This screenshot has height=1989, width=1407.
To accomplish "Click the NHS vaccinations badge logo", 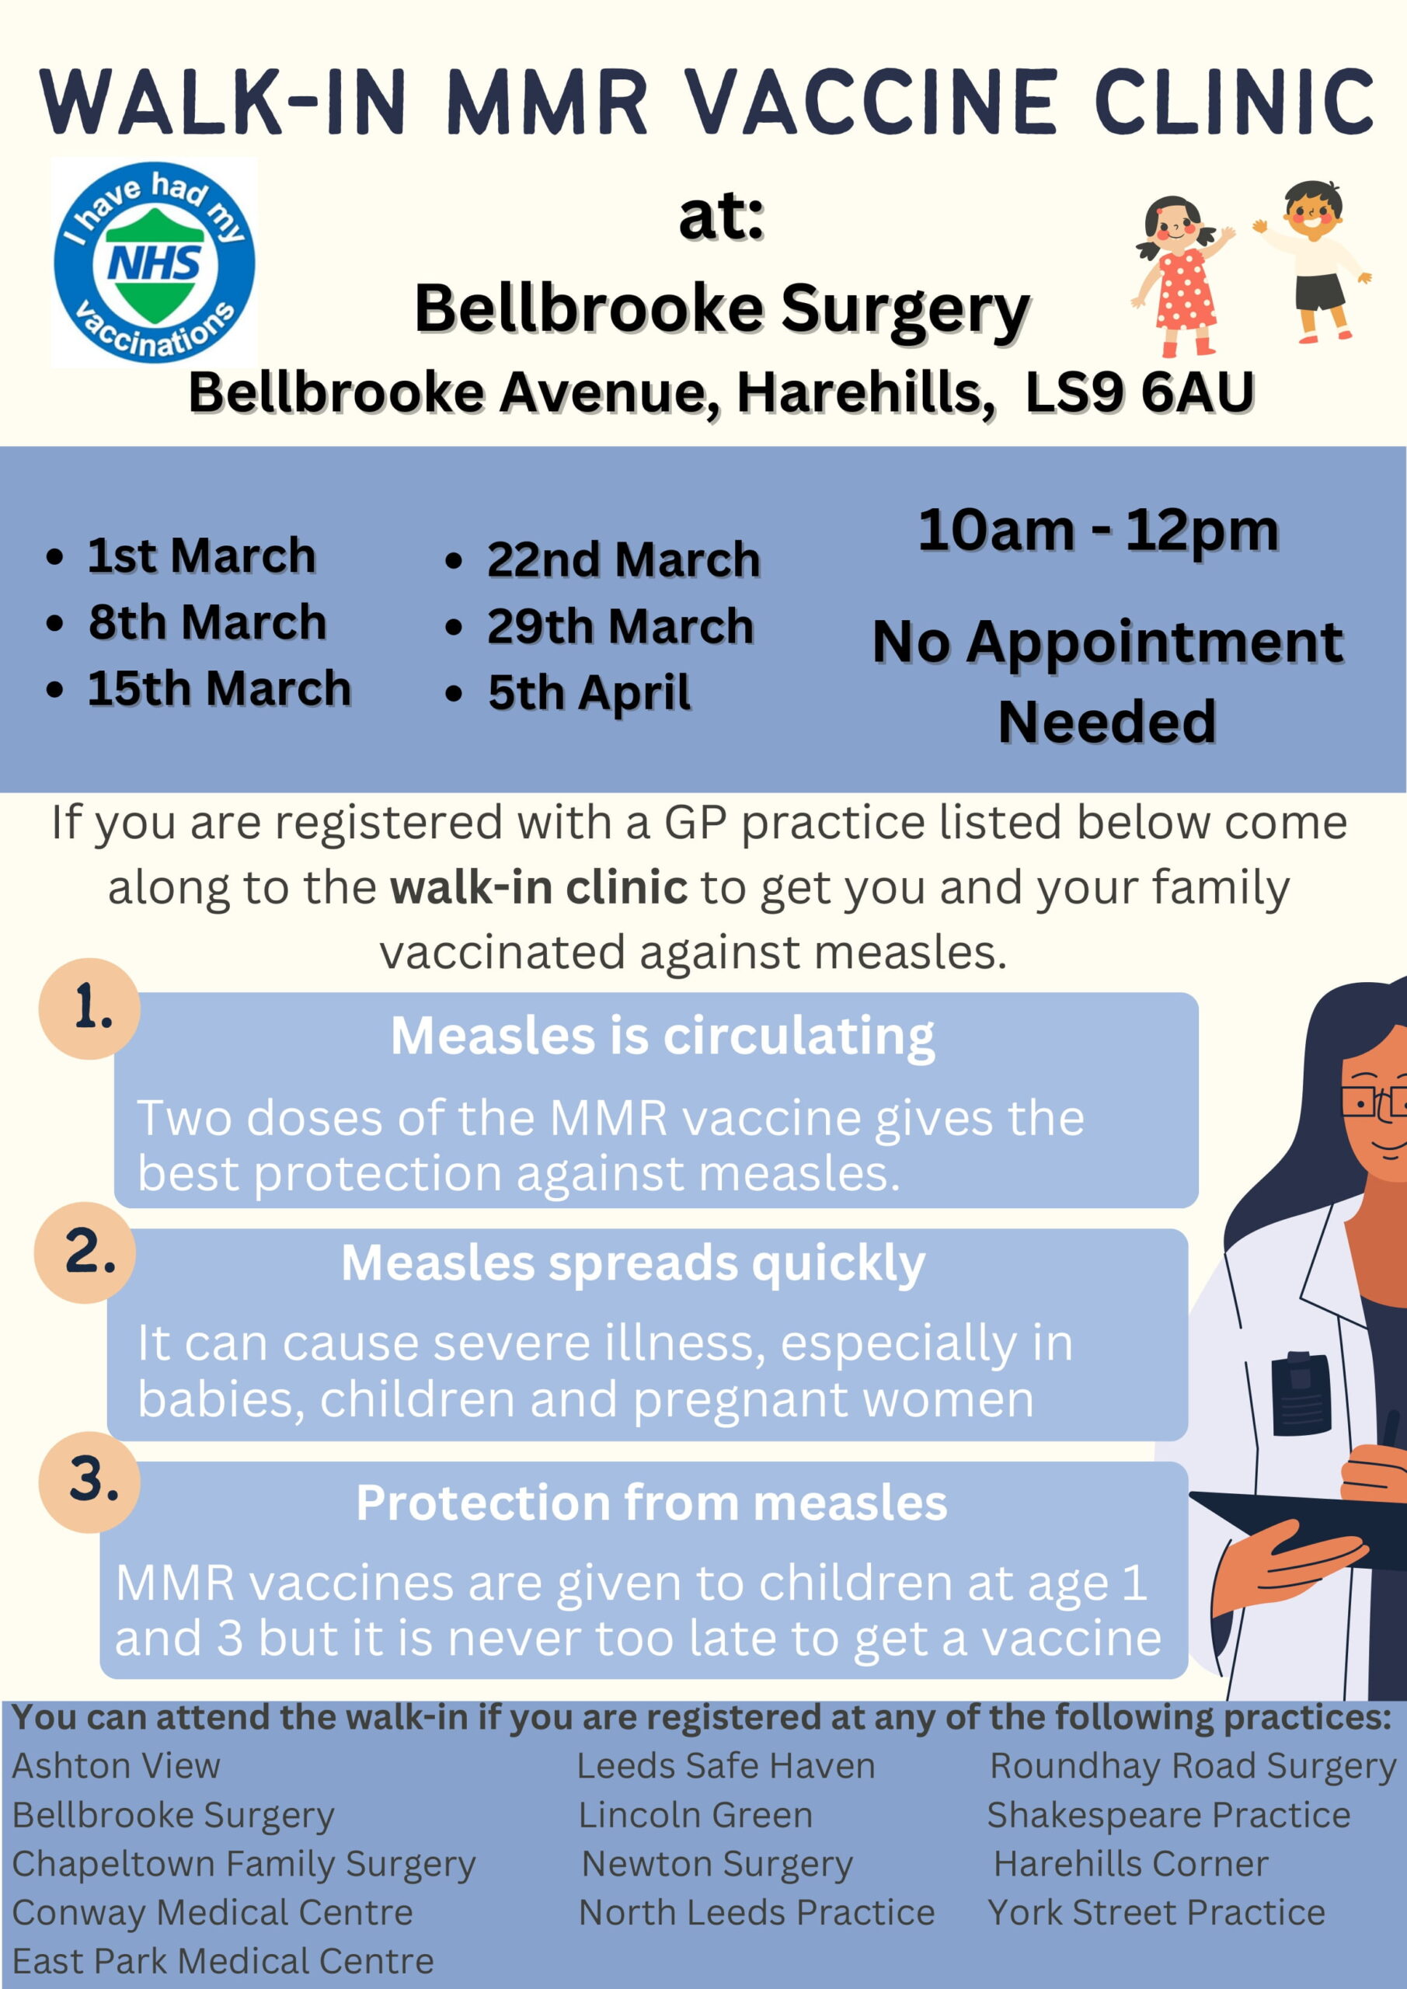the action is click(x=153, y=262).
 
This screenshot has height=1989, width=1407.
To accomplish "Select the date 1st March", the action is click(x=201, y=556).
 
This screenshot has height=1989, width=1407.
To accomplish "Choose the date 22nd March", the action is click(x=623, y=559).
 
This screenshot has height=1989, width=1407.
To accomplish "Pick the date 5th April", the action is click(x=588, y=693).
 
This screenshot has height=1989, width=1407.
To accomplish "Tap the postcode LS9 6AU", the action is click(x=1139, y=392).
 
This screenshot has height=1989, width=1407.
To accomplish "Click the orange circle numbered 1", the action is click(x=89, y=1008).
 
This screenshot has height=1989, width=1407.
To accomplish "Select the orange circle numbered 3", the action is click(x=89, y=1482).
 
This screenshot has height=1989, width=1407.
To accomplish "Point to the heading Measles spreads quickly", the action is click(x=633, y=1264).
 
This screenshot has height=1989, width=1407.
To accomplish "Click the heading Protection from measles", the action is click(x=652, y=1502).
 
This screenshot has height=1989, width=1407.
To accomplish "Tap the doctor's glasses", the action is click(x=1374, y=1102).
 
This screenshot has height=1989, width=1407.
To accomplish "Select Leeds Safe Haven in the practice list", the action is click(x=726, y=1766).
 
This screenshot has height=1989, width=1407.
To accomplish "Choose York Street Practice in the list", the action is click(x=1157, y=1913).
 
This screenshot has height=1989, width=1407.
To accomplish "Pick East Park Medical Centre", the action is click(x=223, y=1961).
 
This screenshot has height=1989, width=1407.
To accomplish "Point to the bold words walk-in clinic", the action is click(x=539, y=887).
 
